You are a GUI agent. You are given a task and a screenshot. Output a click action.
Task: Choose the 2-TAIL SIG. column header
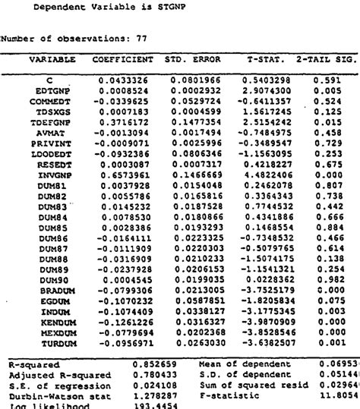click(x=326, y=59)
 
